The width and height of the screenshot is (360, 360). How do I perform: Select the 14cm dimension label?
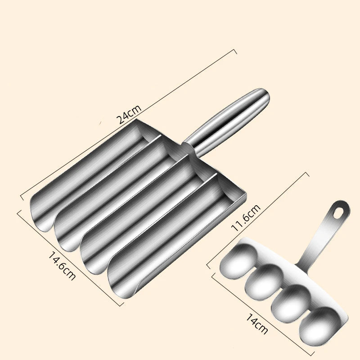257,324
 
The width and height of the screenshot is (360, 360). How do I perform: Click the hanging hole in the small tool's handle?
342,210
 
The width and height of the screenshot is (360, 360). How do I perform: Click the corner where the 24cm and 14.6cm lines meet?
21,197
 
